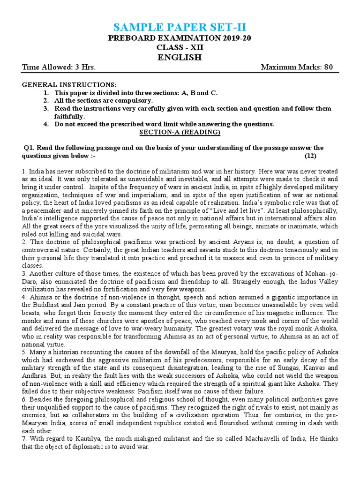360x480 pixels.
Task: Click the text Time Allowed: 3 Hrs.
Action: pos(59,67)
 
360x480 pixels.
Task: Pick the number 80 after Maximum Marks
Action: pos(328,67)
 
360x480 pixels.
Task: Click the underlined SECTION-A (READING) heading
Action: pos(180,132)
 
